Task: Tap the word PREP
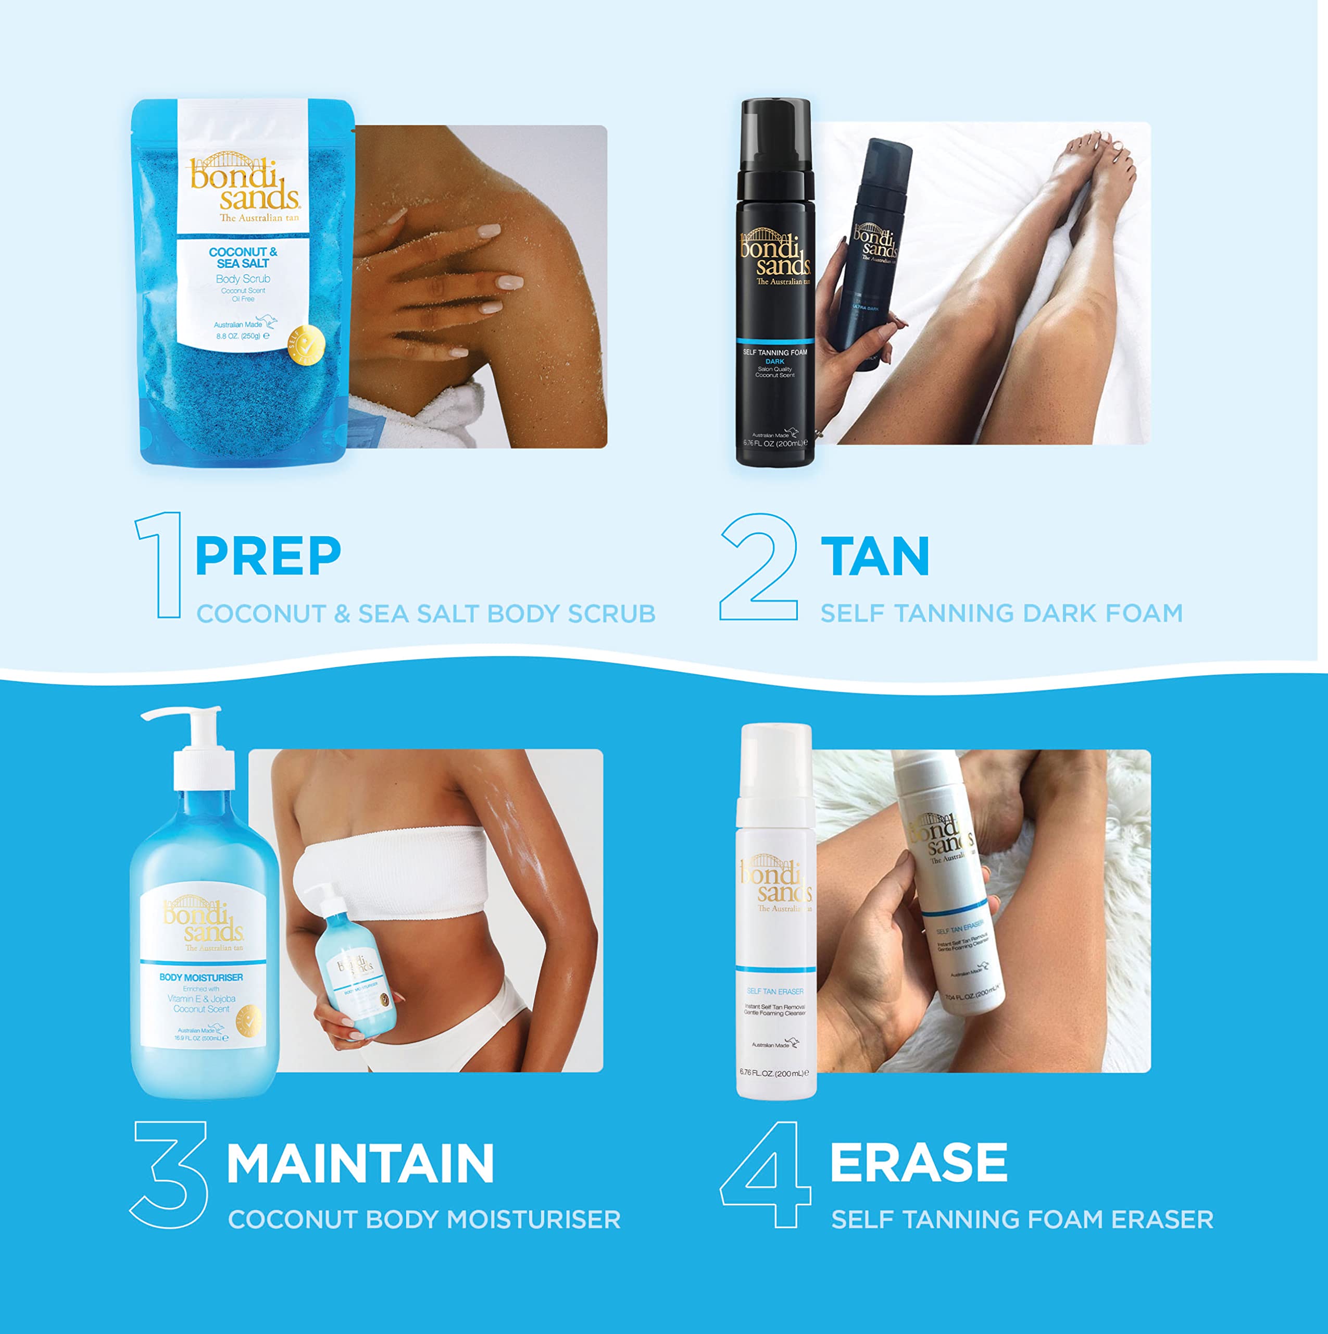(268, 556)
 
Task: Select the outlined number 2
(759, 567)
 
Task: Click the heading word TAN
(875, 556)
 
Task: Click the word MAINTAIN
(360, 1164)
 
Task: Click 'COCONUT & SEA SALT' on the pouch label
(243, 257)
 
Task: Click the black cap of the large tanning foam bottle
(775, 138)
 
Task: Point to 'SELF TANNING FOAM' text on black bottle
(774, 352)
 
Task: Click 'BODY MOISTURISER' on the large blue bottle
(201, 978)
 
